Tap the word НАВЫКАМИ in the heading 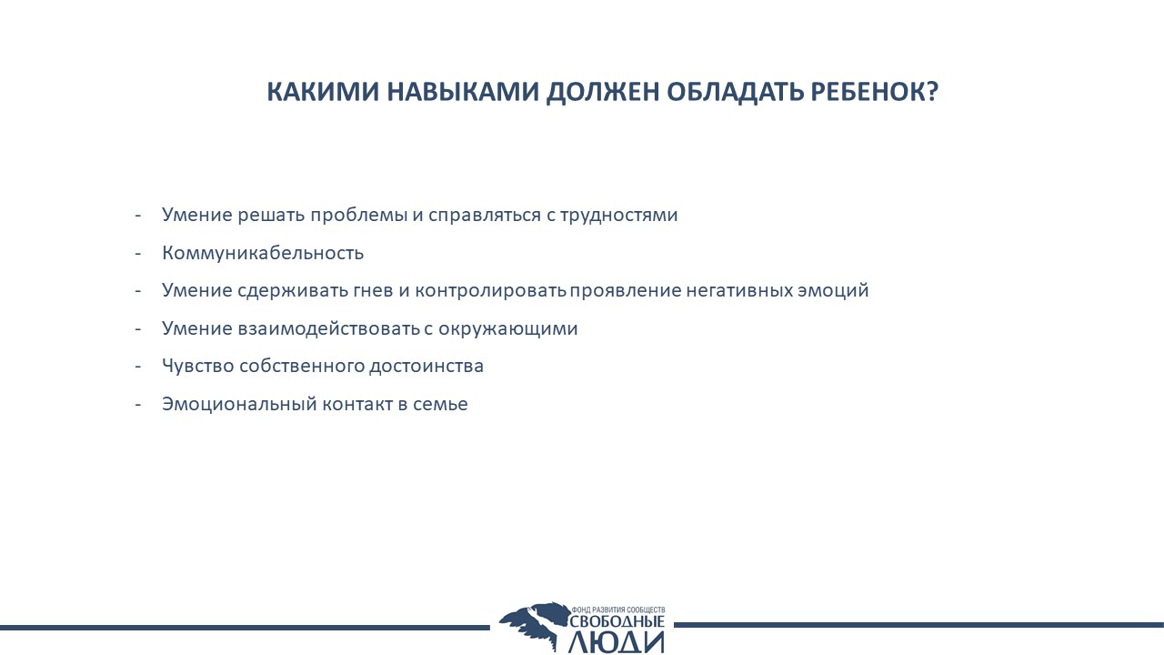click(463, 92)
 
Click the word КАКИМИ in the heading click(323, 92)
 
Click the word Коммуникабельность click(263, 253)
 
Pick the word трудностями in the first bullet click(619, 216)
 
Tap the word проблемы click(359, 216)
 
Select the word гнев click(374, 290)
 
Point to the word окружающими click(508, 328)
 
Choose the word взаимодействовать click(329, 328)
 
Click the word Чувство click(198, 366)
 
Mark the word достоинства click(426, 366)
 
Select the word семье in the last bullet click(441, 405)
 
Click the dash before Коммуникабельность click(137, 253)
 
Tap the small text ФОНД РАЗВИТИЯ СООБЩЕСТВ click(618, 610)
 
